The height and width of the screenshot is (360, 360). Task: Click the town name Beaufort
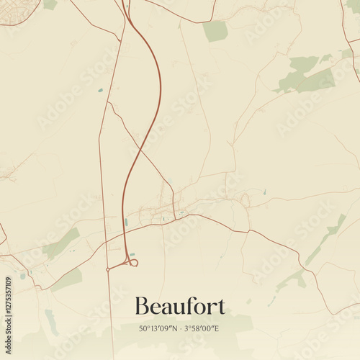click(x=180, y=306)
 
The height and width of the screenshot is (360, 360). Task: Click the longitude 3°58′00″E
click(x=202, y=328)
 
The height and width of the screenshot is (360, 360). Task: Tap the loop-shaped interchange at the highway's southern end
click(x=132, y=263)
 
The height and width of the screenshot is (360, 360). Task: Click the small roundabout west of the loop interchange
click(x=108, y=269)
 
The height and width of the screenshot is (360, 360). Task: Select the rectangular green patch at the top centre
click(x=215, y=31)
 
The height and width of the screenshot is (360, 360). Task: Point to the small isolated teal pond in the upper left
click(x=100, y=90)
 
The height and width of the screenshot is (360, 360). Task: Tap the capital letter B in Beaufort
click(x=141, y=306)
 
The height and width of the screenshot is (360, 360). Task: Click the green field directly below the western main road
click(x=67, y=279)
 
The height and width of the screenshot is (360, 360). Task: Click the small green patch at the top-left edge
click(x=50, y=4)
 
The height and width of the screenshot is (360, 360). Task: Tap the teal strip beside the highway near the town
click(x=126, y=222)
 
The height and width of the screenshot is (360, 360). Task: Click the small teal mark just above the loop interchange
click(x=132, y=254)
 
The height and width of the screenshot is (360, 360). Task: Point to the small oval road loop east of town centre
click(x=244, y=200)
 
